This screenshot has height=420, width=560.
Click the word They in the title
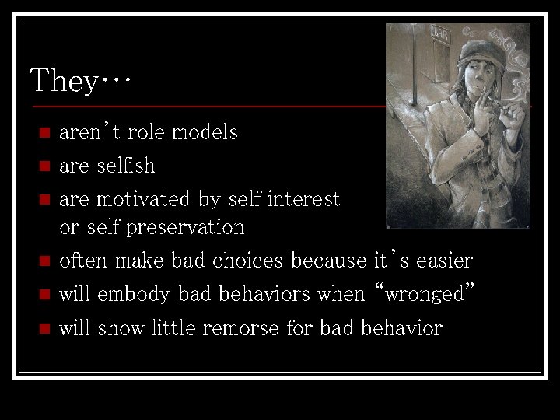coord(62,80)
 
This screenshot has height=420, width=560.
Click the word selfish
coord(125,166)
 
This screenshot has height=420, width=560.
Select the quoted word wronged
coord(425,294)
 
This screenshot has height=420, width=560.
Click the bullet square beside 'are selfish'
coord(44,166)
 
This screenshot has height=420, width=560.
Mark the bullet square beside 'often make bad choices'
coord(44,261)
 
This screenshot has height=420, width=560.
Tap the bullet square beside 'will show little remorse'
coord(44,328)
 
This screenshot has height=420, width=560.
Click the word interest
coord(303,199)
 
